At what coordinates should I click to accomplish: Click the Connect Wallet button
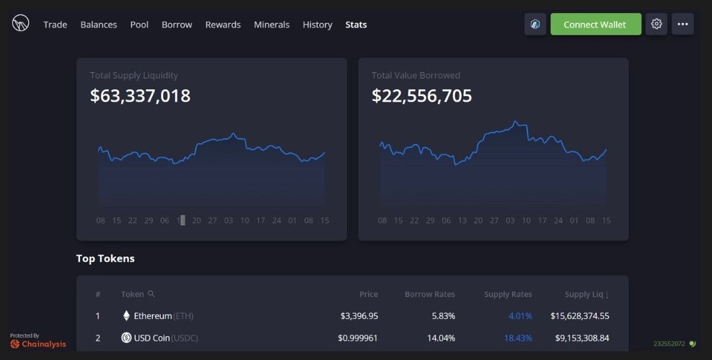[595, 24]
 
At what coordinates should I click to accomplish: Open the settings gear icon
[656, 24]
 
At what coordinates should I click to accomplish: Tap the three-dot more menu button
[682, 24]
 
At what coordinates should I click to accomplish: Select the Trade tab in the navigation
[55, 25]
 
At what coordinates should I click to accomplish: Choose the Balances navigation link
[99, 25]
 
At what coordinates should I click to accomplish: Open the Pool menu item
[139, 25]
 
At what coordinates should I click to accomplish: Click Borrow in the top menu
[177, 25]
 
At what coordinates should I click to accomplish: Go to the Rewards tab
[223, 25]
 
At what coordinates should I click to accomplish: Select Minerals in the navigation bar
[271, 25]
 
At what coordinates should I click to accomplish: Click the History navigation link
[317, 25]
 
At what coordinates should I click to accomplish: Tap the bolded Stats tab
[356, 25]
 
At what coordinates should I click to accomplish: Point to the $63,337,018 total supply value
[141, 96]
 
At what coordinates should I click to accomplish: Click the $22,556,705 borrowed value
[422, 96]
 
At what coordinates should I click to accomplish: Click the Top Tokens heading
[105, 258]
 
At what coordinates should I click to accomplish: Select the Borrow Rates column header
[429, 294]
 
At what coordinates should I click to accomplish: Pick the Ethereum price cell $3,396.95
[359, 316]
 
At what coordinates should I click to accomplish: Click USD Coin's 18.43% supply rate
[518, 338]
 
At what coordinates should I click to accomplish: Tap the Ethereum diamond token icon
[126, 316]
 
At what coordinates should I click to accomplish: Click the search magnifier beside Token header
[151, 294]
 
